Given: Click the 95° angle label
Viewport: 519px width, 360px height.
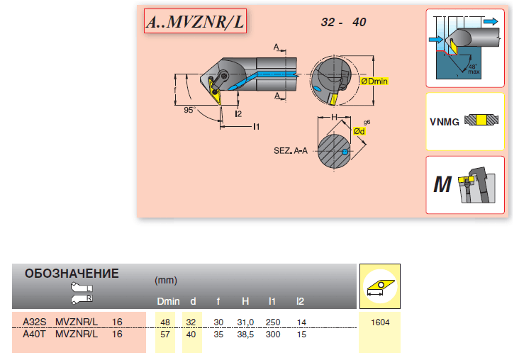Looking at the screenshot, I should click(x=189, y=111).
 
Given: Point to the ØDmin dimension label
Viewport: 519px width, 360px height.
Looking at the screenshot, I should click(x=374, y=81).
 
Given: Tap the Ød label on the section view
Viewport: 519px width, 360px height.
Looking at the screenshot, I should click(x=359, y=133).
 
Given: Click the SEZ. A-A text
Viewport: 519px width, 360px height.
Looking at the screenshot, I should click(x=292, y=151).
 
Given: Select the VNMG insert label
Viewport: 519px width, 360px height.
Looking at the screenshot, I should click(x=444, y=121).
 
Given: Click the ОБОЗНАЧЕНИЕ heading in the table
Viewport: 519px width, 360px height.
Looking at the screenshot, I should click(x=72, y=274).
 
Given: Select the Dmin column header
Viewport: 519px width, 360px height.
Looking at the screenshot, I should click(x=168, y=302).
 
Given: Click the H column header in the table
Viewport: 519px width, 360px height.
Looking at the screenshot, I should click(x=245, y=302).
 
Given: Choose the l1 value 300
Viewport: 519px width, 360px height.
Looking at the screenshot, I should click(x=273, y=334).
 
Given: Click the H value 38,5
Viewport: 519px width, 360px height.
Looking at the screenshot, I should click(x=245, y=334).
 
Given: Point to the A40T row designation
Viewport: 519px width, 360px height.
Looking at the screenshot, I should click(x=34, y=334).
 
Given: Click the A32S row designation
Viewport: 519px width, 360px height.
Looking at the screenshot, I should click(x=34, y=322).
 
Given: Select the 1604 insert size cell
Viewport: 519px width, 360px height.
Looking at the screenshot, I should click(x=380, y=322).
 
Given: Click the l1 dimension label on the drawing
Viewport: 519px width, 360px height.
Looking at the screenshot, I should click(x=256, y=126).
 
